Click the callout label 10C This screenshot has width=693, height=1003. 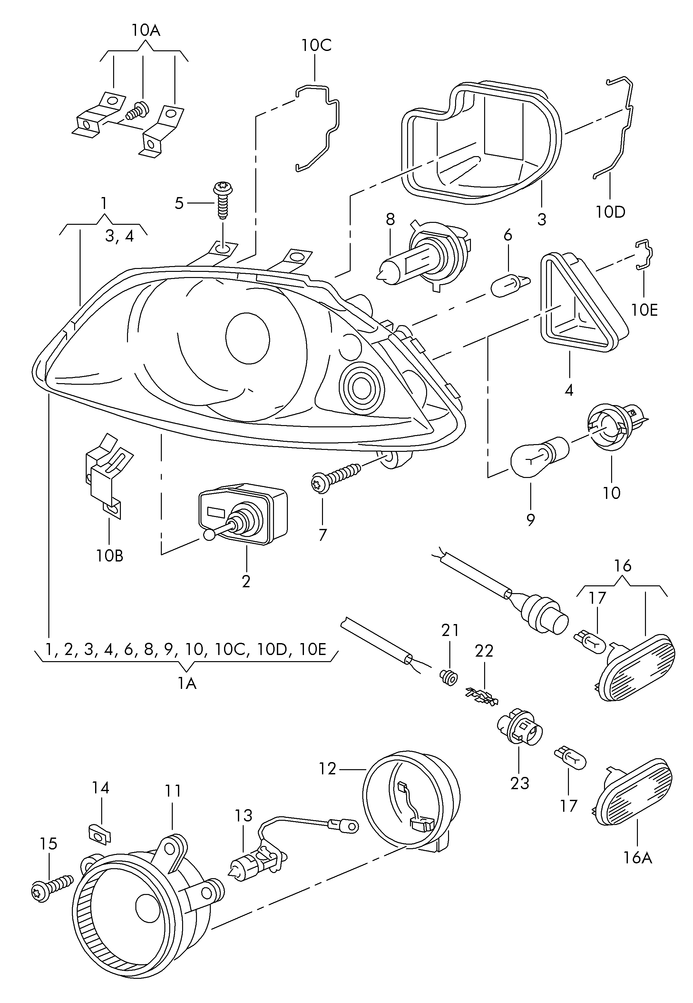(x=317, y=45)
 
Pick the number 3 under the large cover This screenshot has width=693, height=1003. (x=542, y=219)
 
